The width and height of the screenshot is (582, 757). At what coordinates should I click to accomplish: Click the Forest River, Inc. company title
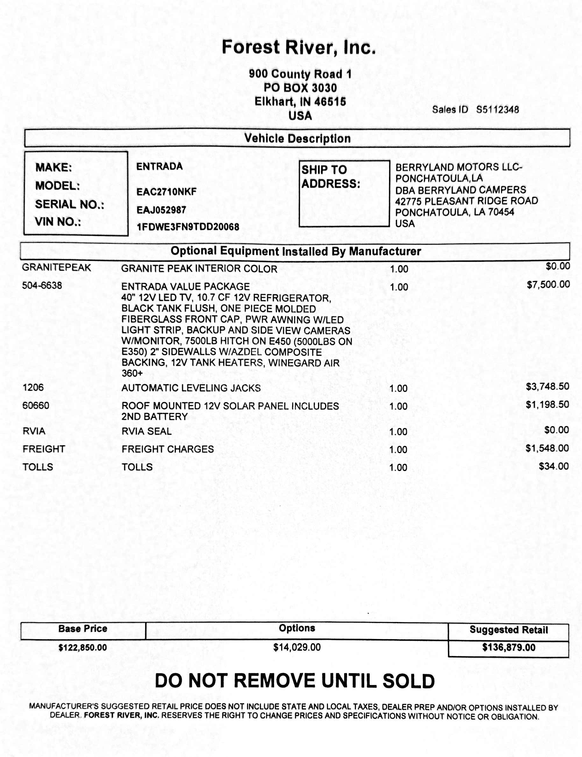coord(298,47)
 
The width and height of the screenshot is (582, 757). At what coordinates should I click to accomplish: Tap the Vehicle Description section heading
coord(297,139)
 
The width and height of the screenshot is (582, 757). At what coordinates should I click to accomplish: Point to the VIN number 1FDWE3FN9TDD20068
coord(188,227)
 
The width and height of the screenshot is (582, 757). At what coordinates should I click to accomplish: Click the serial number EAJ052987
coord(161,210)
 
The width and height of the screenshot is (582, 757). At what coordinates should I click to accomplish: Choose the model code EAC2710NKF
coord(166,192)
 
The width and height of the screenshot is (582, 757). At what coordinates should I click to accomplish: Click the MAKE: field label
coord(54,168)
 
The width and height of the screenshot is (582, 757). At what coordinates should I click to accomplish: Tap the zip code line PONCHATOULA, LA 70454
coord(455,212)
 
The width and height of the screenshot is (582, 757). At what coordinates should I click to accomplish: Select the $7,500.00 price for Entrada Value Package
coord(548,285)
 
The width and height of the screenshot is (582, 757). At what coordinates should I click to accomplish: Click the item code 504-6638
coord(42,285)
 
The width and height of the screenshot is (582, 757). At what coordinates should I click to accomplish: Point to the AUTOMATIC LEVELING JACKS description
coord(191,388)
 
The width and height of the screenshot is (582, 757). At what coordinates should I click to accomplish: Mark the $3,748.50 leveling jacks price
coord(547,386)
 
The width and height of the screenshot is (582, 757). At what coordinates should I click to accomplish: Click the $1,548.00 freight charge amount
coord(547,448)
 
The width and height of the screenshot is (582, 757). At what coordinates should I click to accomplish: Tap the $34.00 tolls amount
coord(554,466)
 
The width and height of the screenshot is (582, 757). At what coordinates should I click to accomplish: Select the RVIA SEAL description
coord(146,431)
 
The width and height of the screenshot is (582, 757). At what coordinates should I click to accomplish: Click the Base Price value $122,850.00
coord(82,647)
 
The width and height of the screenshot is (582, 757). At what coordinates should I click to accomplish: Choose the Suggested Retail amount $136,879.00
coord(508,647)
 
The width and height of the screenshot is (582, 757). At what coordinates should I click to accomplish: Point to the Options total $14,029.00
coord(297,647)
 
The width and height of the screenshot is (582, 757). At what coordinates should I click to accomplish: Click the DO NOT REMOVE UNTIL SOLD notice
coord(295,681)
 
